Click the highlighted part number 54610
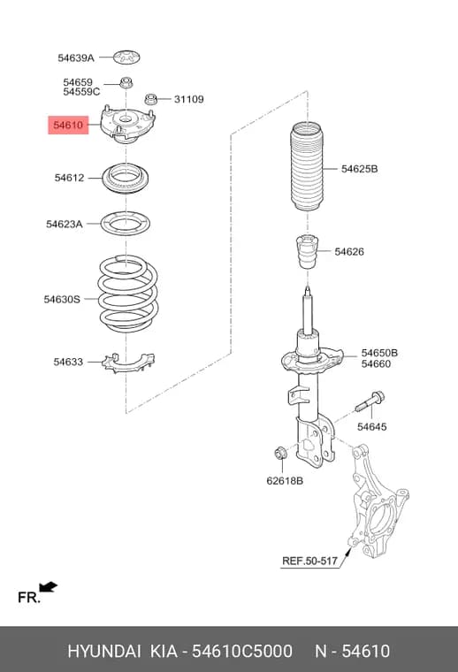tap(68, 126)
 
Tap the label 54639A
tap(76, 57)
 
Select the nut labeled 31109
tap(150, 99)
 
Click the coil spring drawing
tap(127, 294)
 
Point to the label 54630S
tap(62, 299)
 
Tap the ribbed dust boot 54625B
tap(307, 166)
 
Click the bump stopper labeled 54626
tap(307, 252)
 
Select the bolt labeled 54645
tap(370, 401)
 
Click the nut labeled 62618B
tap(279, 453)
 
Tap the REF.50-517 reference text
tap(309, 561)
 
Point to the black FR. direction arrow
tap(48, 587)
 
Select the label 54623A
tap(65, 224)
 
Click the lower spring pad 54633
tap(128, 363)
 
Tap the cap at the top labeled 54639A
tap(126, 57)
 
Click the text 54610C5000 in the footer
tap(242, 651)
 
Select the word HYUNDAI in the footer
tap(104, 651)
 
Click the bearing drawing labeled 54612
tap(125, 179)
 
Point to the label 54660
tap(376, 364)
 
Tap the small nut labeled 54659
tap(126, 82)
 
